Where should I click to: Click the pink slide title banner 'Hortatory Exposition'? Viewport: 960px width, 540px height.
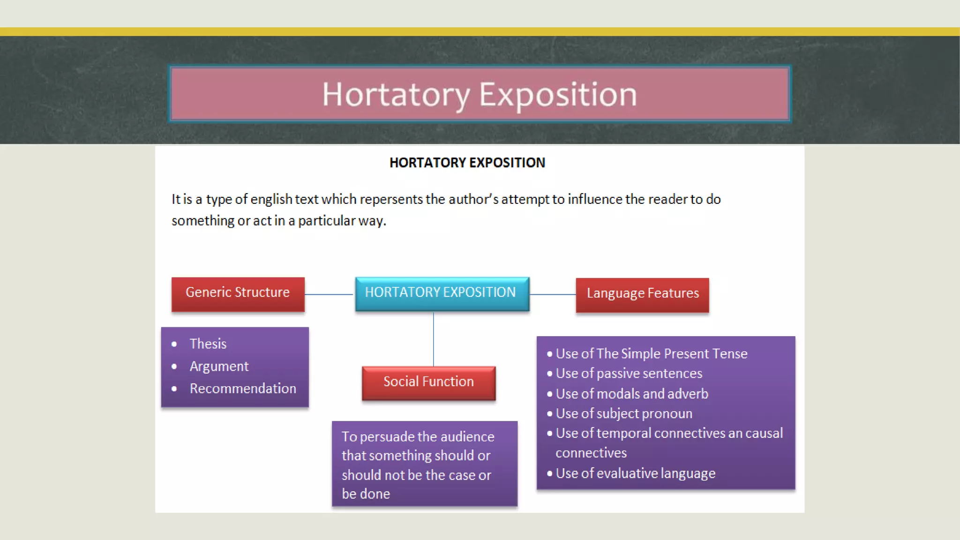pos(480,94)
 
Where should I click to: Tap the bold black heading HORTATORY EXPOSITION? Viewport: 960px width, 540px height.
pos(467,163)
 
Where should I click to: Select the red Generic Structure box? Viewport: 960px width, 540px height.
pos(238,294)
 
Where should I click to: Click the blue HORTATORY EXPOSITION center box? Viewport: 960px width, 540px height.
pos(442,293)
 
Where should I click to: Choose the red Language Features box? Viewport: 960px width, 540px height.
pos(642,294)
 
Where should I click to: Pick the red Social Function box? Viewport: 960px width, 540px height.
pos(428,382)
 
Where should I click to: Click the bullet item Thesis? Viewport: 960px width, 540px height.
pos(208,344)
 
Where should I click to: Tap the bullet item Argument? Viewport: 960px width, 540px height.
pos(219,367)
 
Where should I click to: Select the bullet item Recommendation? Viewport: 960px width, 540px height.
pos(243,389)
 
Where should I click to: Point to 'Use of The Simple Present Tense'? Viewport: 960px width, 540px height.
pos(651,354)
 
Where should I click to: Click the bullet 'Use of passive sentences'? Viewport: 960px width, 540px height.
pos(629,374)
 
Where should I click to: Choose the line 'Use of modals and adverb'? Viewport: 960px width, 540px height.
pos(631,394)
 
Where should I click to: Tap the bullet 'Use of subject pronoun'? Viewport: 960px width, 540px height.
pos(623,414)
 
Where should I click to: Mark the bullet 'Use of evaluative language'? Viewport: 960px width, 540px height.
pos(635,473)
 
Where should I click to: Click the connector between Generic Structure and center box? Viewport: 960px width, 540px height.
pos(330,294)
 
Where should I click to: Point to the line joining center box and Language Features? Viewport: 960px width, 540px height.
pos(553,294)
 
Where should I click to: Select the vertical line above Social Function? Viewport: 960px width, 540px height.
pos(434,338)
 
